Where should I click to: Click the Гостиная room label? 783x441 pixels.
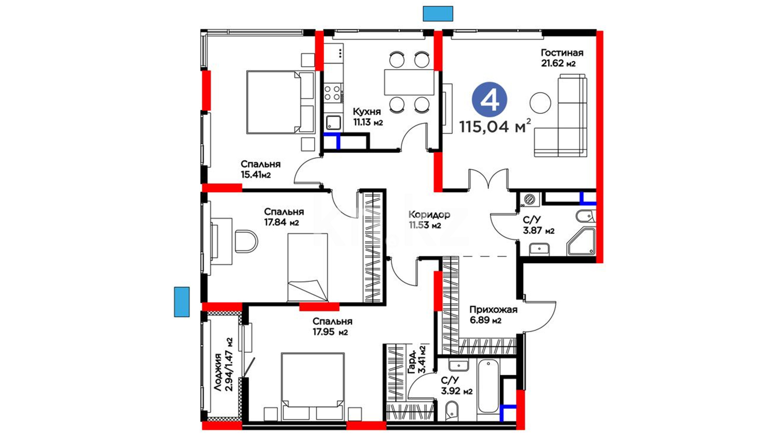[562, 53]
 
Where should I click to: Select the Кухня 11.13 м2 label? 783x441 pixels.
[368, 116]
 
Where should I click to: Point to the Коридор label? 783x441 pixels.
[429, 214]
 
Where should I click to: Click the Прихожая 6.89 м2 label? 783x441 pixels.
[493, 315]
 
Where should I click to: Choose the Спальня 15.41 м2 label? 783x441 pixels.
[260, 169]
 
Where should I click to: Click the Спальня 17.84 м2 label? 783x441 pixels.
[283, 217]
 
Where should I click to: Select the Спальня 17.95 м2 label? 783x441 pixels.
[332, 326]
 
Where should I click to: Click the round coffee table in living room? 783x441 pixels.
[540, 103]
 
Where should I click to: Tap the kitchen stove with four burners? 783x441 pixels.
[332, 93]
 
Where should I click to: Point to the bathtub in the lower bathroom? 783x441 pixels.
[488, 386]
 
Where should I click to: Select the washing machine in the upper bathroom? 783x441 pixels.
[529, 199]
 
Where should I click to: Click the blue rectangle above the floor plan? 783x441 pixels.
[438, 13]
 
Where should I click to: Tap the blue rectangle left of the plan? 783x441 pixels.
[182, 302]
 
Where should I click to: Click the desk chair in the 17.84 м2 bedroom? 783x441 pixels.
[246, 242]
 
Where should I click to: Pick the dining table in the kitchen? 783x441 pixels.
[409, 82]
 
